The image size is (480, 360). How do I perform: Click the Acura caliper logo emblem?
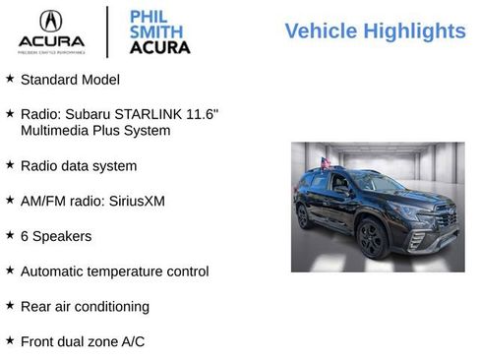coord(50,20)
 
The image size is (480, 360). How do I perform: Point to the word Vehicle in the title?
coord(320,30)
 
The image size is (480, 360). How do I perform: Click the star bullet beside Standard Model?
coord(10,78)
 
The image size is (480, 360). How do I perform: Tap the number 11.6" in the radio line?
coord(202,113)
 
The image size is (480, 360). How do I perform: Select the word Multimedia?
coord(58,130)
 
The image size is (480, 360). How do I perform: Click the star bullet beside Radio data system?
coord(10,164)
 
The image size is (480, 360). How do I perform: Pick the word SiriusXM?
coord(137,201)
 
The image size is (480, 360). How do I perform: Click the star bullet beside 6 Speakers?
coord(10,235)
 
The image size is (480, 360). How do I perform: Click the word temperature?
coord(133,270)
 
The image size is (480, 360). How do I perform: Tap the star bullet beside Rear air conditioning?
coord(10,305)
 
